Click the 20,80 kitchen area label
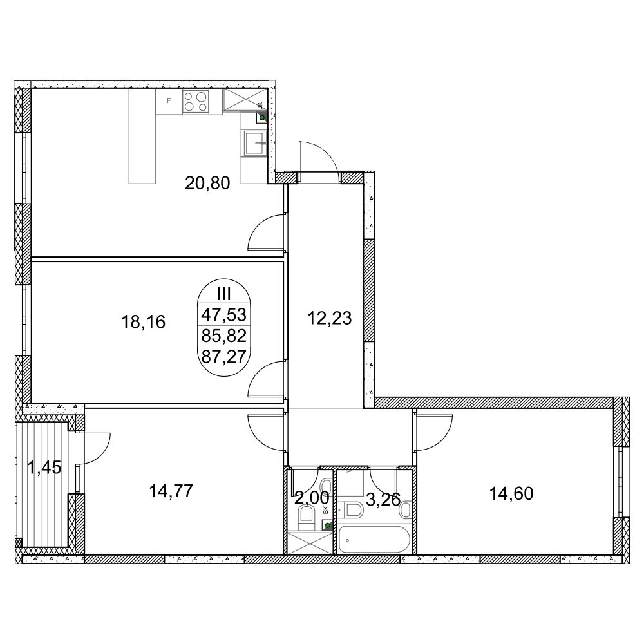[207, 183]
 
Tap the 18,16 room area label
[143, 321]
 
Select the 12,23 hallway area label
[329, 318]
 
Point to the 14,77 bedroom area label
[171, 491]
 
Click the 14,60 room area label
[511, 493]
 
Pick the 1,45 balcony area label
[44, 467]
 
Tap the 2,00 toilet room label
[312, 498]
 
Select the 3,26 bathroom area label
[383, 500]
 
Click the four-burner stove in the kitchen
[196, 102]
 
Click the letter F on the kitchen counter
[168, 100]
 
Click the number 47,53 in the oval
[223, 315]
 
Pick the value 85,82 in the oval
[223, 336]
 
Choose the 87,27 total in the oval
[223, 356]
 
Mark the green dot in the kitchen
[261, 118]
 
